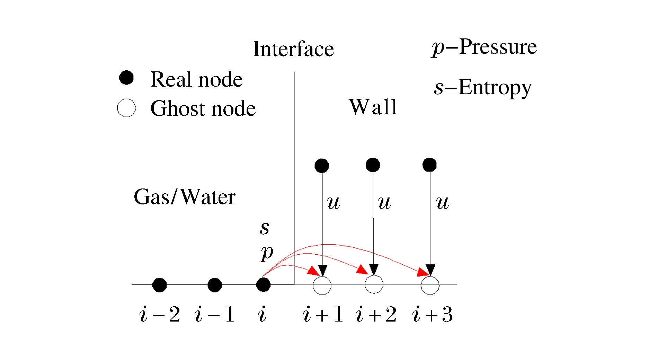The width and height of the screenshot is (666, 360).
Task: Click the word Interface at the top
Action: (x=293, y=49)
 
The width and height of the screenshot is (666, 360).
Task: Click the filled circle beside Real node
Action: (x=126, y=78)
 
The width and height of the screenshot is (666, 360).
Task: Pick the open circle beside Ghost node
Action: (x=126, y=108)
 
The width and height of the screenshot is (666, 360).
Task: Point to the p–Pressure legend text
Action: (x=484, y=47)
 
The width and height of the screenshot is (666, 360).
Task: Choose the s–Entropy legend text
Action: (x=482, y=88)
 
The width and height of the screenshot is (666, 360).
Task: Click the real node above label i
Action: (x=263, y=285)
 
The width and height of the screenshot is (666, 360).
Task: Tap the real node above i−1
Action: (x=215, y=285)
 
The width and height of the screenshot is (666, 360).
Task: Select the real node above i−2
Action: (x=159, y=285)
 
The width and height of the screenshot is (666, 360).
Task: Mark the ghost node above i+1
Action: (x=322, y=285)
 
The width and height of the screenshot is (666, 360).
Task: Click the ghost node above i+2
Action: (x=374, y=284)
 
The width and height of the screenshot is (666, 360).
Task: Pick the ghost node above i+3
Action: (x=430, y=285)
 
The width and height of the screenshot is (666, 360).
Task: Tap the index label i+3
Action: (x=433, y=315)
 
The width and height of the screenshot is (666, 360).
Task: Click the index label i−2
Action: (x=160, y=315)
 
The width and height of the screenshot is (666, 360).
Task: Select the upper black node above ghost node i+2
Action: (x=373, y=165)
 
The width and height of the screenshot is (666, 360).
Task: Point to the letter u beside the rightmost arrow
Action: (x=442, y=202)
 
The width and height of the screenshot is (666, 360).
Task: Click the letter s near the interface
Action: (x=265, y=228)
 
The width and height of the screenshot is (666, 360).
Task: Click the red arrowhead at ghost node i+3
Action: (x=423, y=272)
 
